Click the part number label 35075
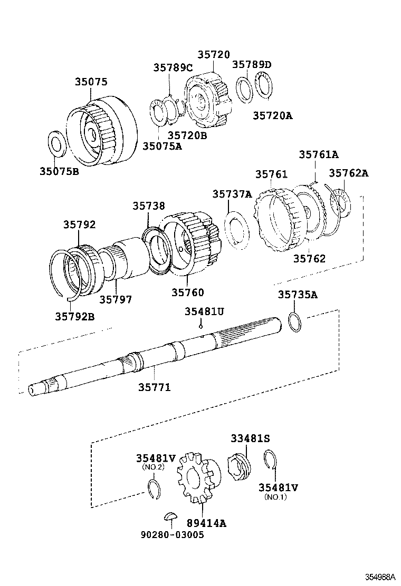pyautogui.click(x=90, y=82)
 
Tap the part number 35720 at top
pyautogui.click(x=214, y=55)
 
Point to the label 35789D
pyautogui.click(x=252, y=64)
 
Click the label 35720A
pyautogui.click(x=272, y=115)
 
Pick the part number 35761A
pyautogui.click(x=318, y=154)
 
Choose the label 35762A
pyautogui.click(x=349, y=173)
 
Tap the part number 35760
pyautogui.click(x=187, y=292)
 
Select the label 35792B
pyautogui.click(x=75, y=316)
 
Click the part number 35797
pyautogui.click(x=116, y=299)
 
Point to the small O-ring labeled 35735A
pyautogui.click(x=295, y=322)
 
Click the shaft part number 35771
pyautogui.click(x=155, y=387)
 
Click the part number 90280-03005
pyautogui.click(x=172, y=534)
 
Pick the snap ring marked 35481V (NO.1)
pyautogui.click(x=271, y=460)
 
